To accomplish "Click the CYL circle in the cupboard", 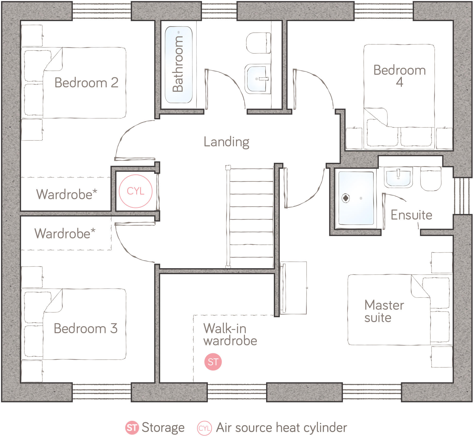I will pos(136,191).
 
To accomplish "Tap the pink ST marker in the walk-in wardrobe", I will pos(213,362).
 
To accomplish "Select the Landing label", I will pos(226,142).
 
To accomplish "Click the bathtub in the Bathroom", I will pos(179,64).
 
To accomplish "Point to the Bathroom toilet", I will pos(258,43).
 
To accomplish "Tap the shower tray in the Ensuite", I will pos(356,198).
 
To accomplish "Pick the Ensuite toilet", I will pos(431,178).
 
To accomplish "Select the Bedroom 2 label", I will pos(86,83).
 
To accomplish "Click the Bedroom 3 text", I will pos(86,329).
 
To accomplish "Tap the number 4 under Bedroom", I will pos(399,82).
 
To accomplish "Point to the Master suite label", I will pos(384,311).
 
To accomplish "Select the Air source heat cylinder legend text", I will pos(281,427).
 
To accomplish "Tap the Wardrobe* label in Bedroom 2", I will pos(66,194).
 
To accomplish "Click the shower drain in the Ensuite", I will pos(345,198).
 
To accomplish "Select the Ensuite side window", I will pos(462,196).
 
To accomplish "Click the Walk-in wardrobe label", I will pos(230,334).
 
